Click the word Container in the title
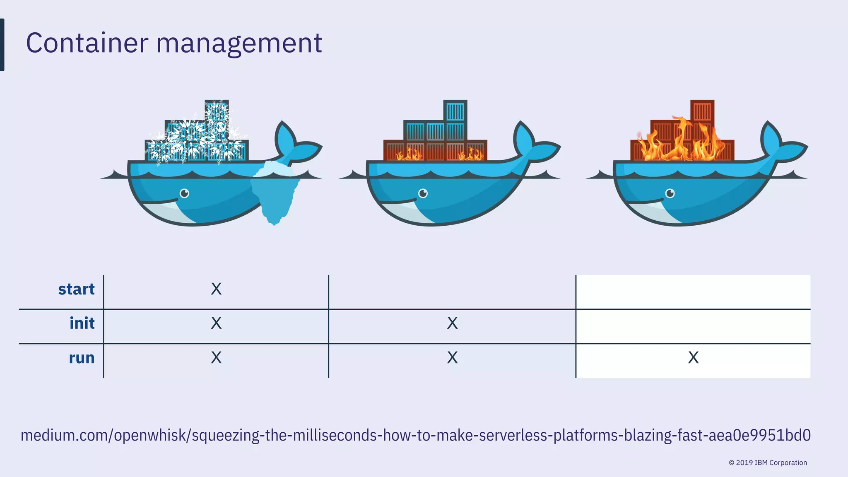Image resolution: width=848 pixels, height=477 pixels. tap(87, 43)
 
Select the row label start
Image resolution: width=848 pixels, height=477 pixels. tap(76, 289)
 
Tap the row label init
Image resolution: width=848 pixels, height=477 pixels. tap(82, 323)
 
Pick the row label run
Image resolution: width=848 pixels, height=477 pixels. tap(82, 358)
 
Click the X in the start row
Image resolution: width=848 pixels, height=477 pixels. tap(216, 289)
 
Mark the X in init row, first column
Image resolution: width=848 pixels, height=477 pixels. tap(216, 323)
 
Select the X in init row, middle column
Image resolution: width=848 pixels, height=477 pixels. tap(452, 323)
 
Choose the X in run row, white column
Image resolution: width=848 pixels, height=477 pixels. tap(693, 358)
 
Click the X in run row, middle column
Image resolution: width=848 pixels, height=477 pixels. tap(452, 358)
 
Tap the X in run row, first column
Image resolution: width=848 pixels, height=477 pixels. tap(216, 358)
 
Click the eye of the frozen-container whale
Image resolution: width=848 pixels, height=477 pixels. tap(184, 193)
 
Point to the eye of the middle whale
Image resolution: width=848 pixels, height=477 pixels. tap(423, 193)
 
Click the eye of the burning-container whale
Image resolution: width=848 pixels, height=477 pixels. tap(670, 193)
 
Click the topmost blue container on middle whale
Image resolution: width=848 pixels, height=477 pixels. tap(455, 111)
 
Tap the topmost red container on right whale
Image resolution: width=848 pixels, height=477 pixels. tap(702, 111)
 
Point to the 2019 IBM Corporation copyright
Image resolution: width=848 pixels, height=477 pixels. tap(768, 463)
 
